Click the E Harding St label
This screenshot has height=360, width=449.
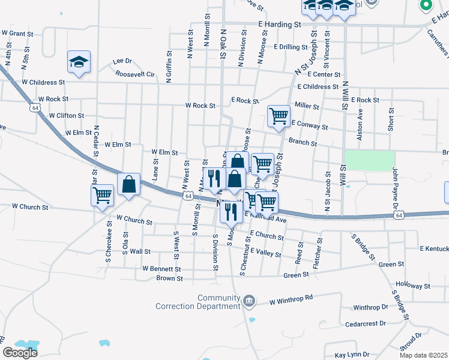pyautogui.click(x=279, y=25)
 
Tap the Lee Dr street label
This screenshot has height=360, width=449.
pyautogui.click(x=122, y=61)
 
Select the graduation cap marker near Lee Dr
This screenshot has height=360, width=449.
pyautogui.click(x=79, y=62)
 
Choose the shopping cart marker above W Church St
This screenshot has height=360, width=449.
pyautogui.click(x=102, y=195)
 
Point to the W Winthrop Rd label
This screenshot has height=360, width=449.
pyautogui.click(x=292, y=298)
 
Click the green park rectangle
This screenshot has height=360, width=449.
pyautogui.click(x=369, y=160)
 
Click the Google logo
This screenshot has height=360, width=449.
pyautogui.click(x=20, y=352)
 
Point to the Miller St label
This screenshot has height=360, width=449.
pyautogui.click(x=307, y=106)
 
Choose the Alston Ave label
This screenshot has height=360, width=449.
pyautogui.click(x=360, y=124)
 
